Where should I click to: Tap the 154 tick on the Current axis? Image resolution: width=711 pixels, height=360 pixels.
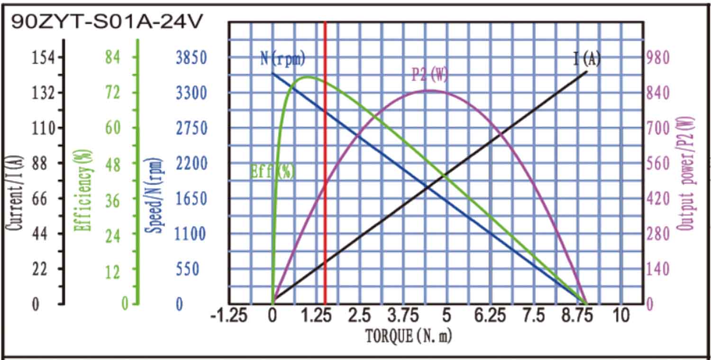click(x=44, y=57)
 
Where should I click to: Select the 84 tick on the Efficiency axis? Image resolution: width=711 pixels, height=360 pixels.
click(x=113, y=57)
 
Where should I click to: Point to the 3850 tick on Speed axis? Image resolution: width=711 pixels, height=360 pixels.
click(x=191, y=58)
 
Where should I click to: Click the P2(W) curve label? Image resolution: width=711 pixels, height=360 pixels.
click(x=429, y=75)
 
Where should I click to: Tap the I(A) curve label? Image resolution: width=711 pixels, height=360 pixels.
click(x=587, y=59)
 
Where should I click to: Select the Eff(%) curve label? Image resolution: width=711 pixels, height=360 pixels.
click(x=272, y=171)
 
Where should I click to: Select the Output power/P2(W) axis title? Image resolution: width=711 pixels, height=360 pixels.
click(x=686, y=174)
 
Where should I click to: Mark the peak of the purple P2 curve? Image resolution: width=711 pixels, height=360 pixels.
click(x=428, y=90)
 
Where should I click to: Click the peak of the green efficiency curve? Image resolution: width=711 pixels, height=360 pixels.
click(x=307, y=76)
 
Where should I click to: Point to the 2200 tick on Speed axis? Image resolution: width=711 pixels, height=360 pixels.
click(x=191, y=164)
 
